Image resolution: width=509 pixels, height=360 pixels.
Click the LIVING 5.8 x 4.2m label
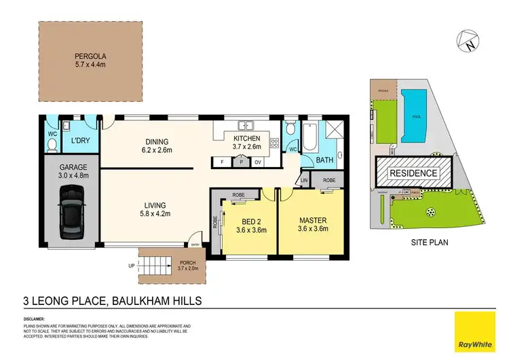[x=155, y=209]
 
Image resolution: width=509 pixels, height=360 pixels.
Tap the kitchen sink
[x=247, y=125]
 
